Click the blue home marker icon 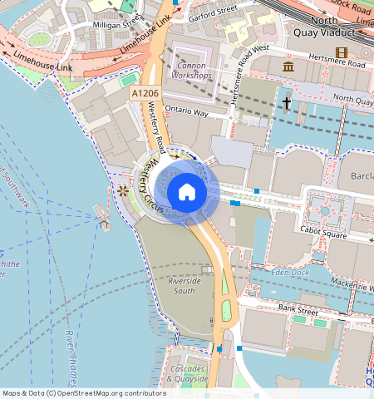pyautogui.click(x=187, y=193)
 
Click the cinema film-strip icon pyautogui.click(x=341, y=53)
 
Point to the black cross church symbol pyautogui.click(x=286, y=103)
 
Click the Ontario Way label pyautogui.click(x=188, y=111)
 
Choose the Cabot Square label pyautogui.click(x=322, y=234)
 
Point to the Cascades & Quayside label pyautogui.click(x=188, y=372)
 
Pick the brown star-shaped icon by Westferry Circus pyautogui.click(x=123, y=191)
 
